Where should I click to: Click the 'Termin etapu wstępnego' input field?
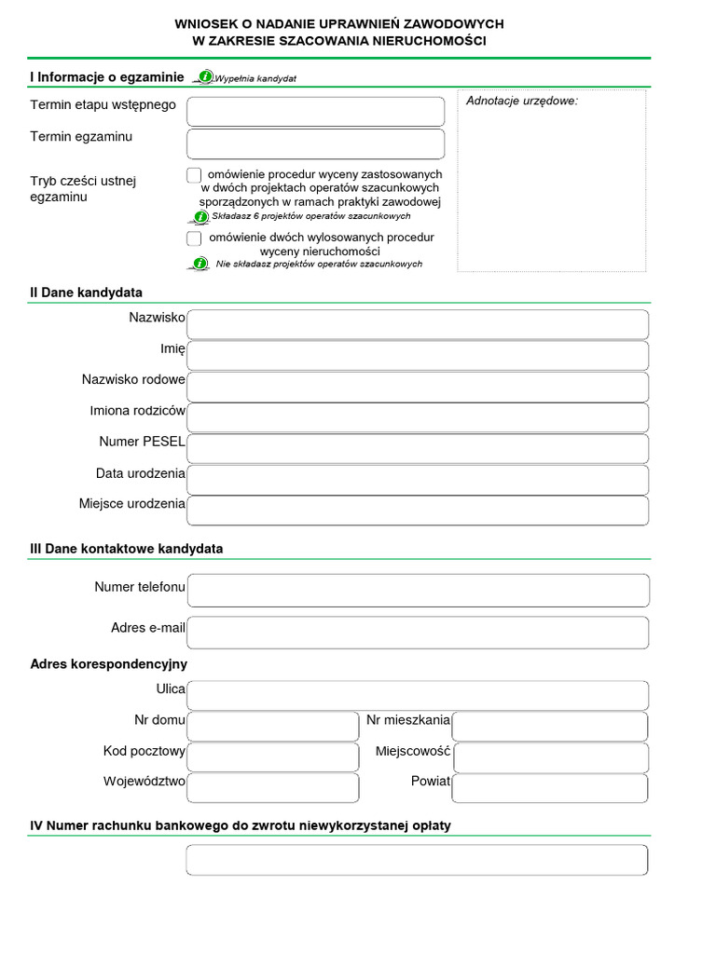[315, 112]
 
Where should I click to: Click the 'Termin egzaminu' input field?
[315, 143]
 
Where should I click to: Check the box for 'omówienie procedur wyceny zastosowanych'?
[194, 175]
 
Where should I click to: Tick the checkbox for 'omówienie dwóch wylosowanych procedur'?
[194, 238]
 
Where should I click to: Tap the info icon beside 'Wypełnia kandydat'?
[205, 76]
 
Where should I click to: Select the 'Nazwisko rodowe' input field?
[417, 387]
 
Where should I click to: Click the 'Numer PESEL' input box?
[417, 448]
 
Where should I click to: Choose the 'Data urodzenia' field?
[417, 480]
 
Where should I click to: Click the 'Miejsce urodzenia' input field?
[417, 511]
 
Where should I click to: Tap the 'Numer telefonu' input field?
[417, 591]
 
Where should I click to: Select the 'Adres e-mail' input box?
[417, 632]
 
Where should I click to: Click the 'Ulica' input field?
[417, 695]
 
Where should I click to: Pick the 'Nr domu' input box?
[272, 726]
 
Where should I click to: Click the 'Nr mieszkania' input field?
[549, 726]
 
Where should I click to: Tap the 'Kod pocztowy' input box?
[272, 756]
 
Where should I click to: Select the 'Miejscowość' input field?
[549, 756]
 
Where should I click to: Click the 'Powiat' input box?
[549, 787]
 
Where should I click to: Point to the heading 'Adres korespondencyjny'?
[109, 664]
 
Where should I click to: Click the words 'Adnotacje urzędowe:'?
[522, 101]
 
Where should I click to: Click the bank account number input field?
[417, 860]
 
